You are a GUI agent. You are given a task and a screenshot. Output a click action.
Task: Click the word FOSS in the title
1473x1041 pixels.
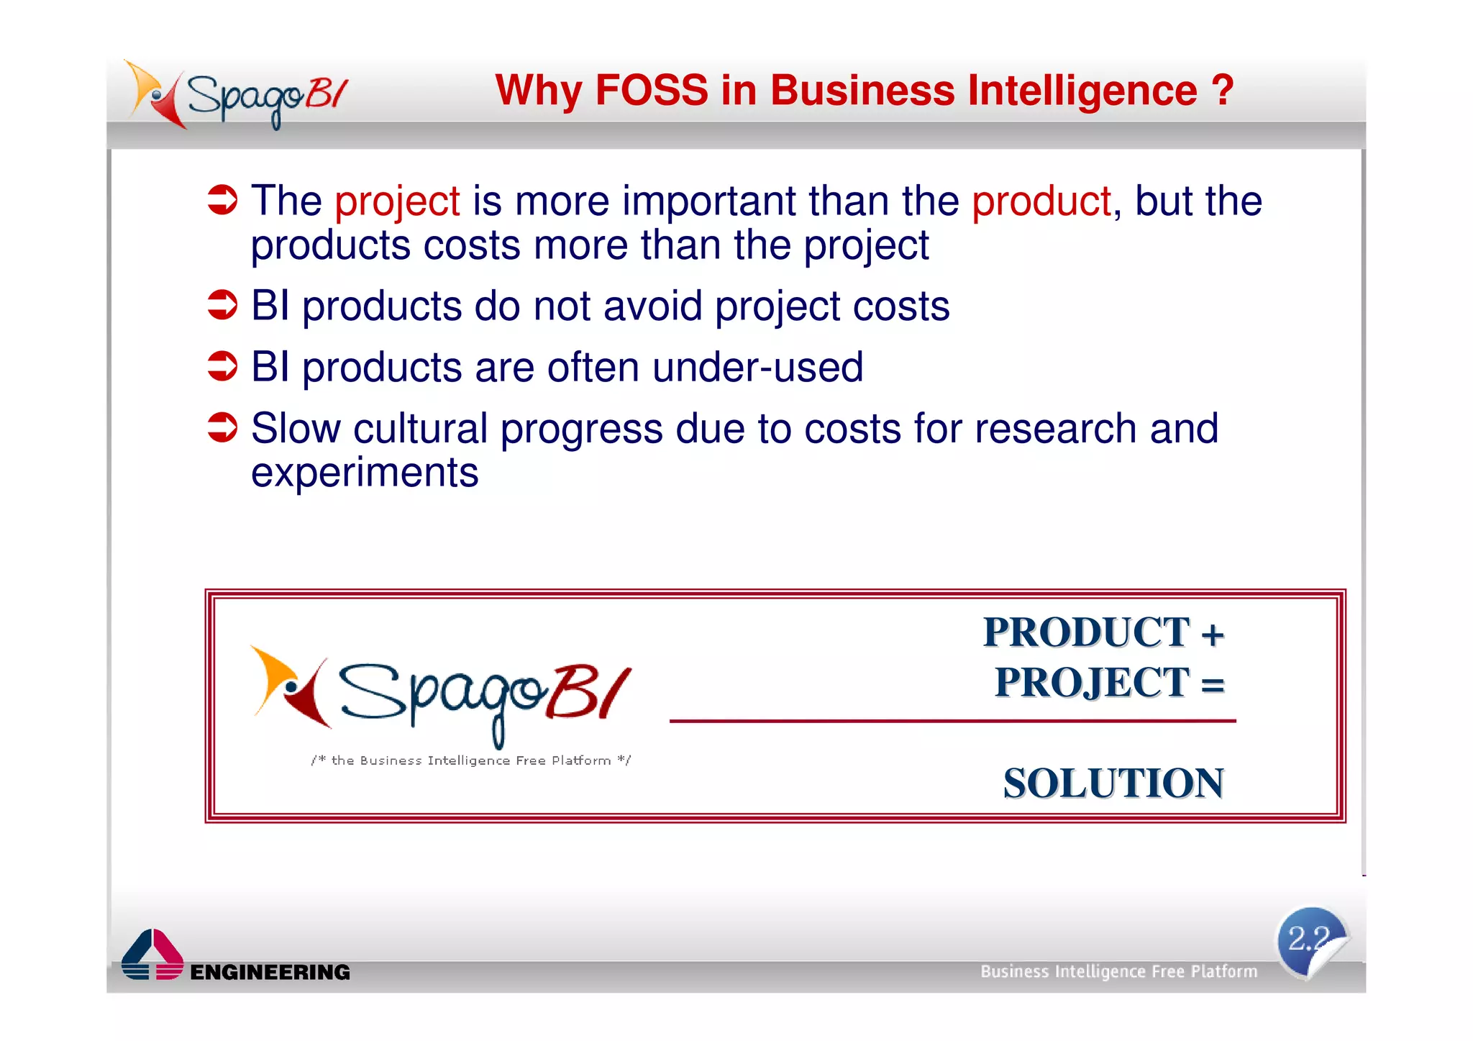[x=652, y=91]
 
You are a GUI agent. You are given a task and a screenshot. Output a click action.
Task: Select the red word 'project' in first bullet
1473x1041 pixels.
[x=397, y=201]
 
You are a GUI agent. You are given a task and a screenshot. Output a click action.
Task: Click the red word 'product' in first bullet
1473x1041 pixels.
[x=1041, y=201]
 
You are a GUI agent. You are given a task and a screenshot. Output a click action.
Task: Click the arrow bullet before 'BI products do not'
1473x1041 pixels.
[x=222, y=305]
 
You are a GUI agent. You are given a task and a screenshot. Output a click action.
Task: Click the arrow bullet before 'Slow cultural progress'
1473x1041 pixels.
[x=222, y=427]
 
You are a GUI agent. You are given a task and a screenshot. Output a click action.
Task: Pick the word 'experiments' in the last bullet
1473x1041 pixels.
[x=365, y=473]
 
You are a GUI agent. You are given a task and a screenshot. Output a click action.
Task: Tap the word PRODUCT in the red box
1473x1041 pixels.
[x=1086, y=633]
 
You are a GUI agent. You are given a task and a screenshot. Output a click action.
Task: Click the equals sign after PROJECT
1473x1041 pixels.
[x=1213, y=683]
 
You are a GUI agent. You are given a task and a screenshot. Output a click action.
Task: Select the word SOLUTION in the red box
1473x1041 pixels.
[x=1113, y=783]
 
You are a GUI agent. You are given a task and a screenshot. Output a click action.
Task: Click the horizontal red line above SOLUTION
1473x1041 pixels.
[x=952, y=720]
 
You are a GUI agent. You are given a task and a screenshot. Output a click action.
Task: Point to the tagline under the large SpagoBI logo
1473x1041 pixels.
[x=471, y=760]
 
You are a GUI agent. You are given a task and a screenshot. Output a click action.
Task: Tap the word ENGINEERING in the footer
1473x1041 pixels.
[x=270, y=972]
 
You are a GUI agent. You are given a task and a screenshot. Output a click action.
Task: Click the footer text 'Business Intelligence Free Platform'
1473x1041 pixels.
[x=1118, y=971]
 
